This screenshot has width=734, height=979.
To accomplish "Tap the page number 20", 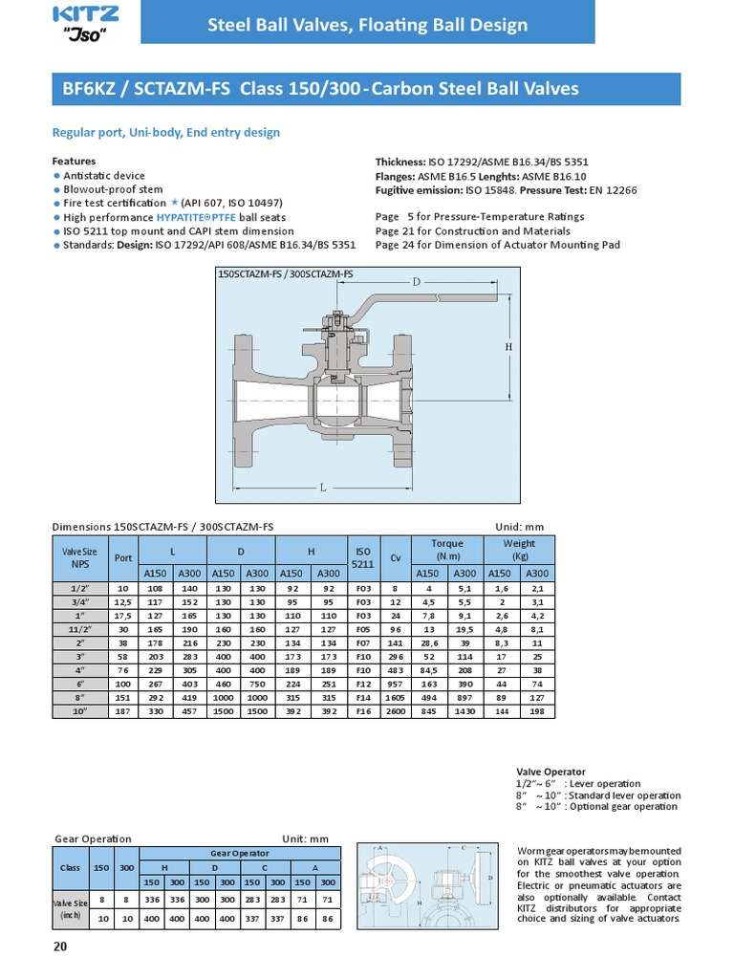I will (x=60, y=946).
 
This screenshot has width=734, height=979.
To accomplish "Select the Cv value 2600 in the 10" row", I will (x=394, y=712).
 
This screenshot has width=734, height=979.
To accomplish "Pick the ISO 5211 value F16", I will (x=363, y=712).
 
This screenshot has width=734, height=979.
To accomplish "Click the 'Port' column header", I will (x=123, y=558).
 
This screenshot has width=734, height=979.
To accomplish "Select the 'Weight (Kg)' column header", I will (x=520, y=550).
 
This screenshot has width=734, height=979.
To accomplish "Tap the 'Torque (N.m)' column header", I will (x=447, y=550).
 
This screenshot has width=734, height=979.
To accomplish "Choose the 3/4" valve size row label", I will (x=80, y=602).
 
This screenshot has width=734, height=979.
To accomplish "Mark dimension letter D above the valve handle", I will (x=417, y=282).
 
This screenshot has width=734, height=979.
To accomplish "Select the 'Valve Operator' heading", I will (x=550, y=771).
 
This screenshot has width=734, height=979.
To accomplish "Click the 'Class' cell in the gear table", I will (x=70, y=867).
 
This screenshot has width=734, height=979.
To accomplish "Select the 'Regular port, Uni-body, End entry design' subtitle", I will (x=165, y=133).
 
